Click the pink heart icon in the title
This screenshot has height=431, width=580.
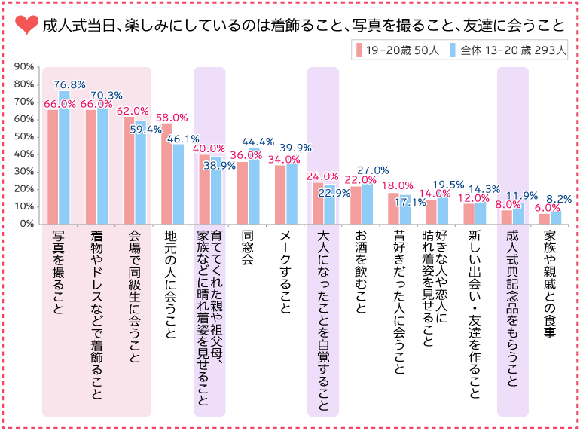click(25, 26)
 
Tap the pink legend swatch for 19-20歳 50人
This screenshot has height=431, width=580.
click(360, 50)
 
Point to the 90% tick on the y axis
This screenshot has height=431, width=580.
click(23, 66)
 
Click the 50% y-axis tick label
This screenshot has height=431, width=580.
click(23, 136)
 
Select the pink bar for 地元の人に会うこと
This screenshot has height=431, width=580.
click(166, 174)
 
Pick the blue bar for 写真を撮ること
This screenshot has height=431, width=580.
click(64, 157)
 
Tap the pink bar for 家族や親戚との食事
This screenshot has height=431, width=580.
click(544, 219)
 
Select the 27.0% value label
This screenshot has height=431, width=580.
click(373, 170)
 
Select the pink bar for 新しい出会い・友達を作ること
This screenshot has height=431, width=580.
click(469, 214)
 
